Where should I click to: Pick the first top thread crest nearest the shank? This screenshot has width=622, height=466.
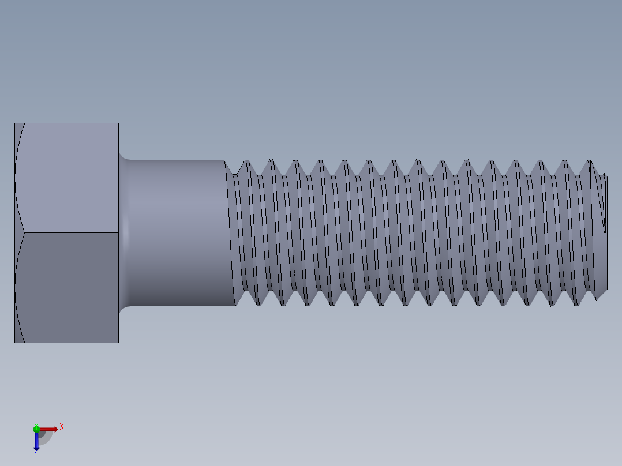247,161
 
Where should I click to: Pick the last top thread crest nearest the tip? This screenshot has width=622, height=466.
590,161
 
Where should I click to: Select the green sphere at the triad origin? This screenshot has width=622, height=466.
36,428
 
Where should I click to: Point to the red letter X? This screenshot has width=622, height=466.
62,426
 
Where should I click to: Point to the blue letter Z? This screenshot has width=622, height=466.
36,453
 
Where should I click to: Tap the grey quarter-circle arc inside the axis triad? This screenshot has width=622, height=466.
47,437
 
